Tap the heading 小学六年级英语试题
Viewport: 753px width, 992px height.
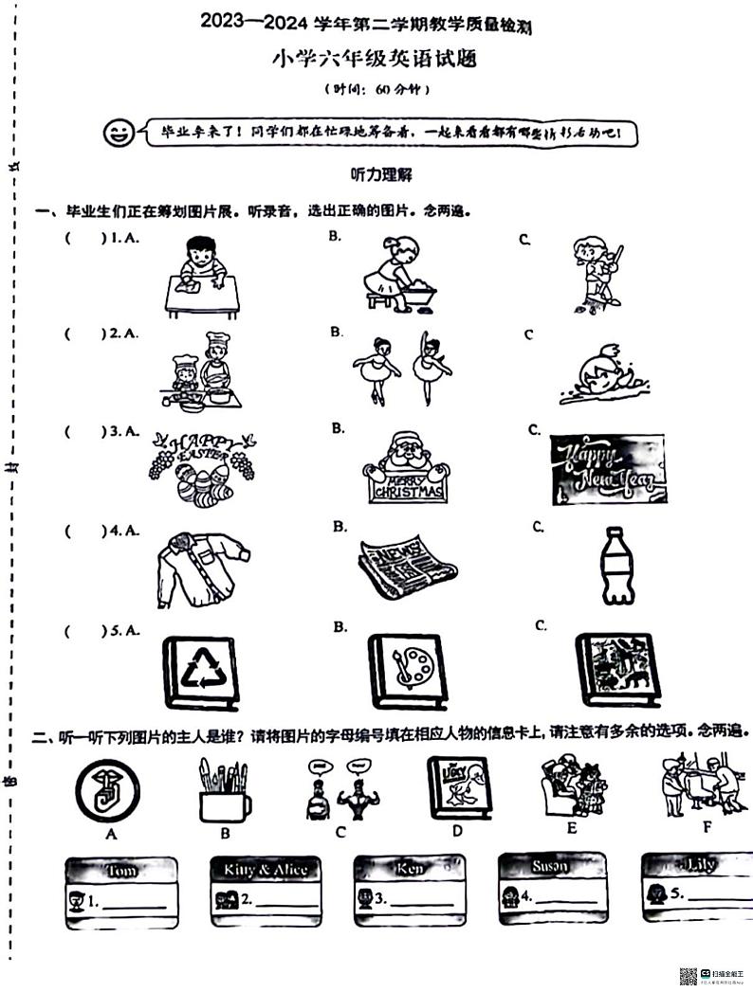(376, 60)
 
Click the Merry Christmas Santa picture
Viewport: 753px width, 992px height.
(405, 467)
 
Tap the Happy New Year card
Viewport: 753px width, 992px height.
(607, 469)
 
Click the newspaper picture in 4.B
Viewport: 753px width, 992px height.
(406, 566)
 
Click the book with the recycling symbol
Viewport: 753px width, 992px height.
(200, 672)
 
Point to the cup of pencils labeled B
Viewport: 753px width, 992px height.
(224, 789)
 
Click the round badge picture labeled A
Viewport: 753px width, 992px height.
(108, 789)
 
